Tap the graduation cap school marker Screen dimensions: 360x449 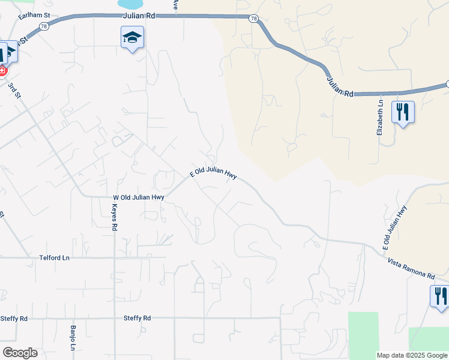point(132,38)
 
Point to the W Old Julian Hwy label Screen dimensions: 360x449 point(139,197)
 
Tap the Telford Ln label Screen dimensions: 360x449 point(55,257)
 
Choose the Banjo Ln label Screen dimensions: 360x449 point(73,338)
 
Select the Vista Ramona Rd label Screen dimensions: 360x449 point(411,268)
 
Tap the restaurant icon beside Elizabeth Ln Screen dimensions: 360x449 point(403,112)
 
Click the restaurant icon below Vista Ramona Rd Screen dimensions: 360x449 point(439,296)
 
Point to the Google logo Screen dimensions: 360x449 point(20,353)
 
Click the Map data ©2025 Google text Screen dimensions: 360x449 point(412,355)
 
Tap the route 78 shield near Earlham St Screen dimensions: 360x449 point(43,26)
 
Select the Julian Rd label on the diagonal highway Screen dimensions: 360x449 point(340,86)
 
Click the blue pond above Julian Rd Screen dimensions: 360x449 point(131,5)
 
